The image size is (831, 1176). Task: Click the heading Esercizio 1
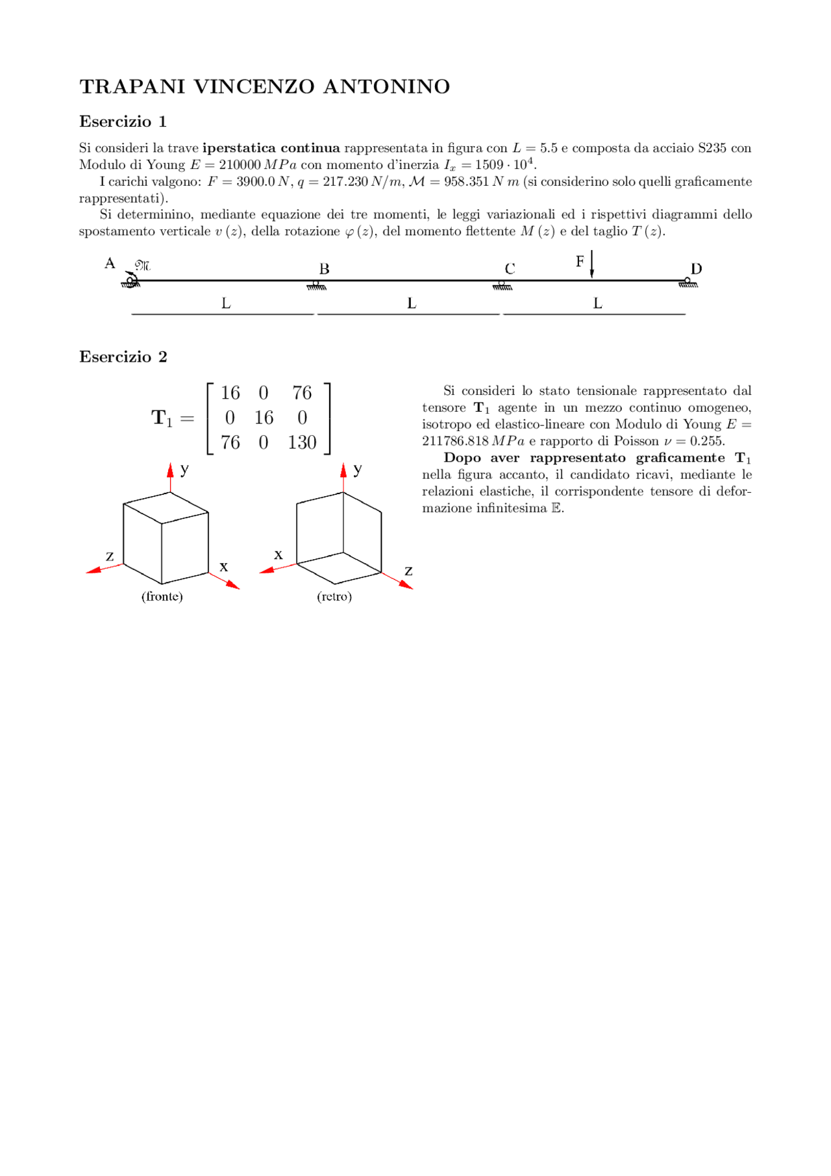123,121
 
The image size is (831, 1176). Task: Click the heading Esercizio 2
123,357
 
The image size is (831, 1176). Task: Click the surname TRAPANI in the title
132,86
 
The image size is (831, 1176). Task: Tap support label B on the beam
324,269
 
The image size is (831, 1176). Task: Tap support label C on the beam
510,269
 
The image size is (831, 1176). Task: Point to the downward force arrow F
591,265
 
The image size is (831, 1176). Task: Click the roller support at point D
688,282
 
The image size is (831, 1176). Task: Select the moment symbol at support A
142,265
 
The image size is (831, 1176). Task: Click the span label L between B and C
412,303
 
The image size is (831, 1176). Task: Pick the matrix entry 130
302,443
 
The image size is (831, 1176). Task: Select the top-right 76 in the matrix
302,393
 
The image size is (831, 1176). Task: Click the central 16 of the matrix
264,418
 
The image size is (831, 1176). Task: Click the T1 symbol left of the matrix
162,418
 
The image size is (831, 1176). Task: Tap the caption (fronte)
162,596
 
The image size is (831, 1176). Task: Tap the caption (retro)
334,596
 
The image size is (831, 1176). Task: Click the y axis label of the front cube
185,469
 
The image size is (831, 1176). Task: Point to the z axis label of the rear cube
408,571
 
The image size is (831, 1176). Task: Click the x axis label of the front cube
224,567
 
